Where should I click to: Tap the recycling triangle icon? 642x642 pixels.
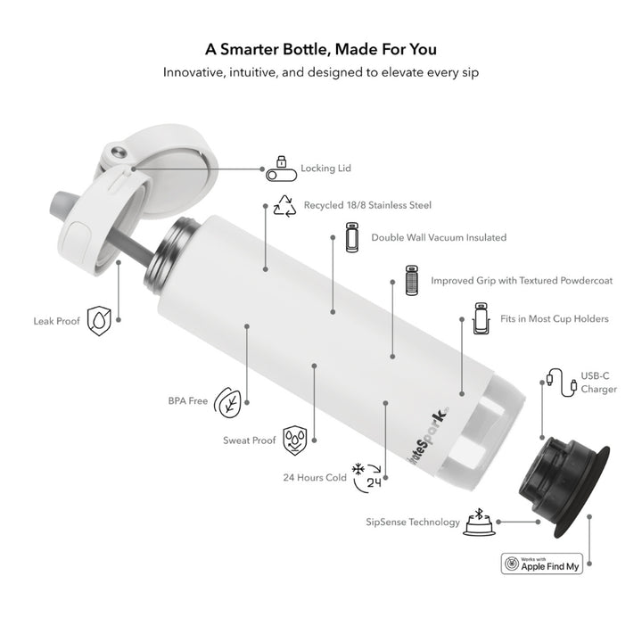click(x=284, y=206)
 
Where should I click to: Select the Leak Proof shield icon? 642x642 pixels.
click(x=99, y=321)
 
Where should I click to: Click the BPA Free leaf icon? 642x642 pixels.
click(x=227, y=402)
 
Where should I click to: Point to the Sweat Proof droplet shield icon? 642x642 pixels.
click(x=295, y=440)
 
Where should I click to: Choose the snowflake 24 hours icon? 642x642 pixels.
click(x=366, y=477)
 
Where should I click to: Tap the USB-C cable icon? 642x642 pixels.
click(x=562, y=383)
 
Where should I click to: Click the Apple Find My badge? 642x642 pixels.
click(x=542, y=564)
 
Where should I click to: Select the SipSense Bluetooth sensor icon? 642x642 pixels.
click(x=479, y=522)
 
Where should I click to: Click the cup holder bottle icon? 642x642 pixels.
click(x=481, y=318)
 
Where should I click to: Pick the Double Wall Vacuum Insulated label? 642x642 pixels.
click(x=439, y=237)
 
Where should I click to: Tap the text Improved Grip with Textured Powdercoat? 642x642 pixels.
click(x=522, y=281)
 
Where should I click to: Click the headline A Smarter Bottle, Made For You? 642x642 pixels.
click(x=321, y=49)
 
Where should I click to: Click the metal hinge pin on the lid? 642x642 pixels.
click(x=119, y=152)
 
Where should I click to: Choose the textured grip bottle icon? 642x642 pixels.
click(x=411, y=281)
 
